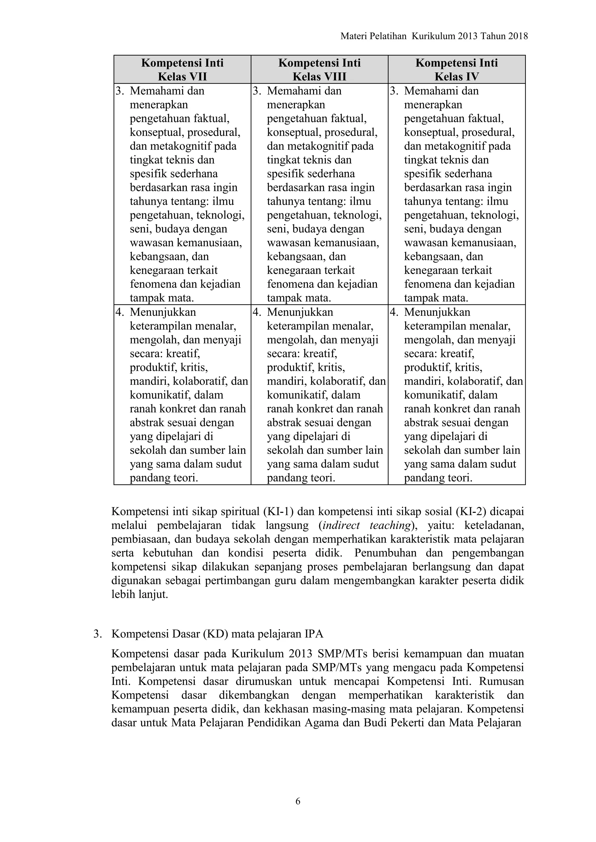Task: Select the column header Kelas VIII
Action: click(319, 77)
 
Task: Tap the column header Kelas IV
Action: click(457, 77)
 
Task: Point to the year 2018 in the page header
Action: click(518, 36)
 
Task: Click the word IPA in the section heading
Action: click(314, 634)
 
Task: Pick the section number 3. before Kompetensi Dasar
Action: click(97, 634)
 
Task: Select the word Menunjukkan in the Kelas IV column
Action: click(437, 312)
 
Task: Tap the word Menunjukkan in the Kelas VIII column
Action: click(300, 312)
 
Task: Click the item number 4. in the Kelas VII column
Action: click(120, 312)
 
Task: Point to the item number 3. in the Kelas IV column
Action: click(394, 91)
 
